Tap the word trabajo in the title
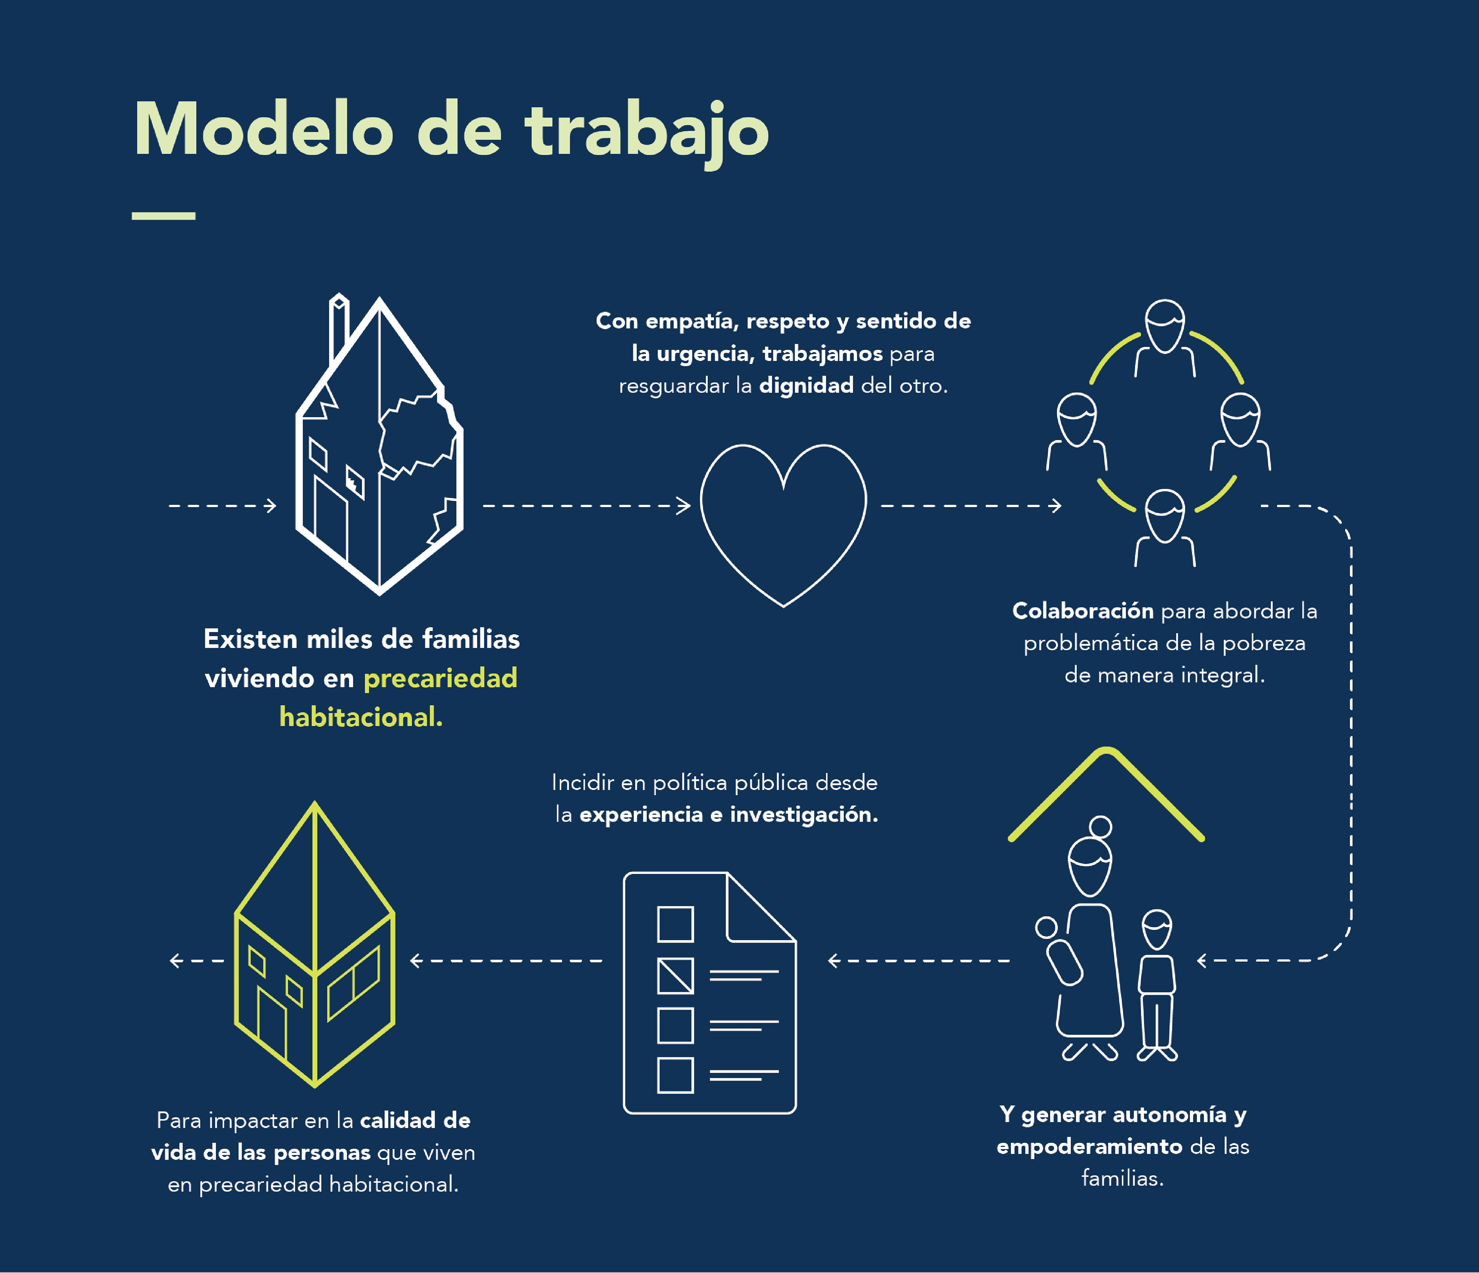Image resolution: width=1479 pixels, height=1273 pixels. [x=646, y=132]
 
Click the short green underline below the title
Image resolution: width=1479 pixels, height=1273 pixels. [x=163, y=216]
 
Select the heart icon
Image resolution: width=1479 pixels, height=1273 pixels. [x=783, y=521]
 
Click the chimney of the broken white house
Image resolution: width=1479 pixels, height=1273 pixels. [x=338, y=328]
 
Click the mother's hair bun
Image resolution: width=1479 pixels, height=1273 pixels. [x=1101, y=827]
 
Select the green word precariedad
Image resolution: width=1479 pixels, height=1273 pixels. [x=440, y=678]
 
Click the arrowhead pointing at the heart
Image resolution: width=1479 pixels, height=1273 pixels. [x=684, y=506]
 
